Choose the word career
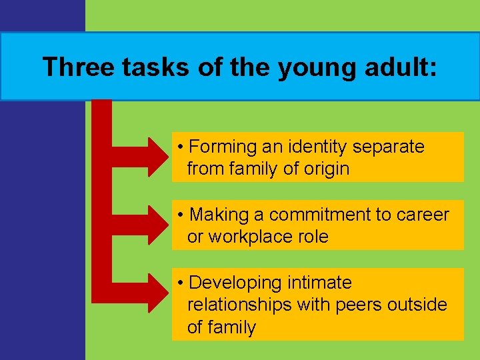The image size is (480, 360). (x=423, y=215)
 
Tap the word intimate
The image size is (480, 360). (x=319, y=283)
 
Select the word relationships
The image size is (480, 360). (x=239, y=305)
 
